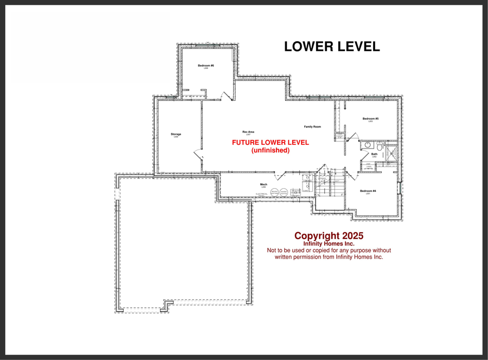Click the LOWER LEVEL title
[332, 47]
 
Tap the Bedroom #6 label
[206, 66]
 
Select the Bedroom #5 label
[370, 118]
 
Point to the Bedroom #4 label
[368, 191]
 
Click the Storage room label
[176, 134]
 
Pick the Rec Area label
[248, 132]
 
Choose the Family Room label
[312, 126]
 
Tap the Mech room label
[264, 184]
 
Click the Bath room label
[374, 154]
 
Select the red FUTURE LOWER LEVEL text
[271, 143]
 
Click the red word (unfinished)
[271, 150]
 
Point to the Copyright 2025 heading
[329, 236]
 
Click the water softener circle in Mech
[274, 192]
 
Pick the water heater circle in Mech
[284, 192]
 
